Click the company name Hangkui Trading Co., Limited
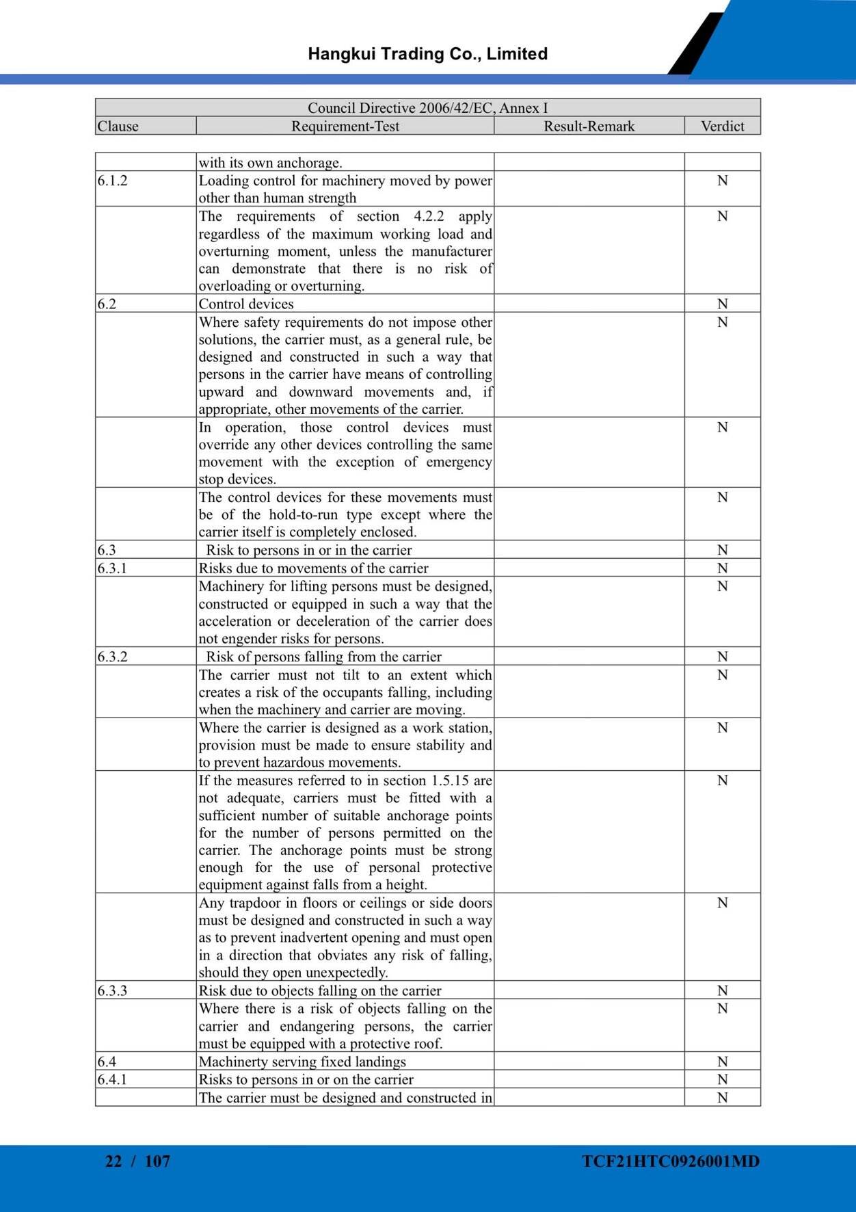427,54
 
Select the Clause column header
118,127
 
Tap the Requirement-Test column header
345,127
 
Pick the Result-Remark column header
589,127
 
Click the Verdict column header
722,127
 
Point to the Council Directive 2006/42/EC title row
427,108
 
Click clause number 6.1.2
112,181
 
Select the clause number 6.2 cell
107,304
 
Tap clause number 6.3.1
112,568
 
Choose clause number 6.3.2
112,657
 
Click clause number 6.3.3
112,991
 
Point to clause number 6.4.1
112,1080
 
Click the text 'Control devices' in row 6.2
246,304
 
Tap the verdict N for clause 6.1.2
722,181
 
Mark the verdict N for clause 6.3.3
722,991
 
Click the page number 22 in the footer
113,1161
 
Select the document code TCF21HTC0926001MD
671,1161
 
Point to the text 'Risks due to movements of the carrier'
313,568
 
